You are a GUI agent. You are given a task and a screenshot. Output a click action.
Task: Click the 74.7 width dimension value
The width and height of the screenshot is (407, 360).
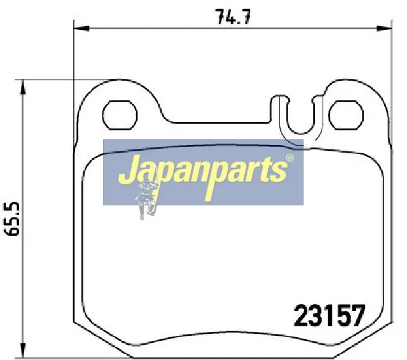[233, 17]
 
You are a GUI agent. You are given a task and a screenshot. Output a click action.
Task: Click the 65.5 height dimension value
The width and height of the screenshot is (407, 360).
[12, 219]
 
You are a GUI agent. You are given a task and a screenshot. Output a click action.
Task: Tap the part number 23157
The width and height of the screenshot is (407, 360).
[329, 315]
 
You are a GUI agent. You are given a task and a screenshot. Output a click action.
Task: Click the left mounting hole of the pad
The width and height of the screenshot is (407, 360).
[120, 115]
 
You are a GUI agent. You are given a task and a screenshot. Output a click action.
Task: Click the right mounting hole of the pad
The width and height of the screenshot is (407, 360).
[346, 115]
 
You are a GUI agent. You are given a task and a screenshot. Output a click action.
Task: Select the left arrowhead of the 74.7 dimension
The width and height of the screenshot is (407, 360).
[81, 28]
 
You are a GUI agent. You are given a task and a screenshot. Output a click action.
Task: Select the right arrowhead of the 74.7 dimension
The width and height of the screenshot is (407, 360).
[384, 28]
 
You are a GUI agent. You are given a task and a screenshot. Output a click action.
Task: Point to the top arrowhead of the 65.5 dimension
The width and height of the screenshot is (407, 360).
[23, 87]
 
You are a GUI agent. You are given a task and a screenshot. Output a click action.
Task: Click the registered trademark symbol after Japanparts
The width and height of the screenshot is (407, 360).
[290, 158]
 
